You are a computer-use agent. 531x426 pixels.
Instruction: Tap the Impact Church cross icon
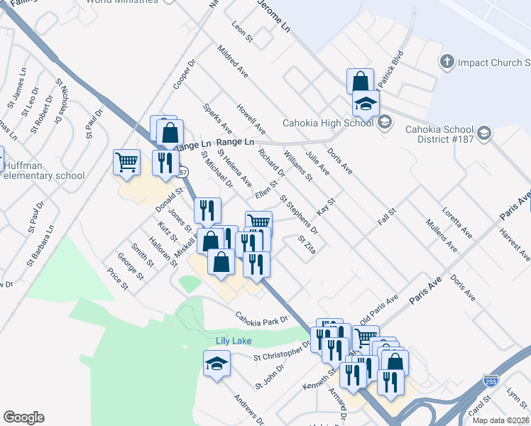pyautogui.click(x=447, y=62)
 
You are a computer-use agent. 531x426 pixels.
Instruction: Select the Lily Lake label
pyautogui.click(x=234, y=342)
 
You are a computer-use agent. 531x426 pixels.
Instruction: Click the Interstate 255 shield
pyautogui.click(x=491, y=381)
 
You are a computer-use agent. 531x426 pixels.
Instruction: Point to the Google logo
pyautogui.click(x=23, y=417)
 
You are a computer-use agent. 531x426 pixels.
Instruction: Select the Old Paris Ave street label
pyautogui.click(x=379, y=306)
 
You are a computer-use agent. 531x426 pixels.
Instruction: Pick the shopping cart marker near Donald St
pyautogui.click(x=127, y=162)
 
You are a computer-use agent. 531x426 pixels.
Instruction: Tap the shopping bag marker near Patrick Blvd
pyautogui.click(x=360, y=80)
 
